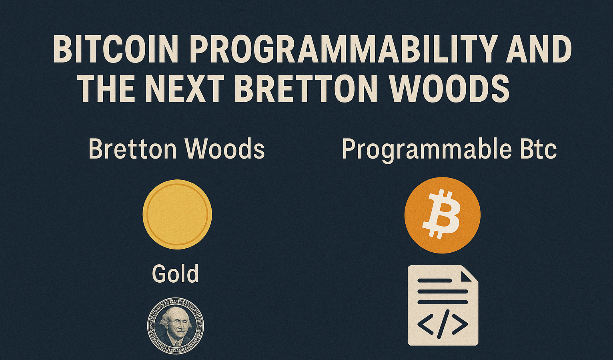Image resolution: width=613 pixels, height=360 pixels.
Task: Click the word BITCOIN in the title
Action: (x=115, y=50)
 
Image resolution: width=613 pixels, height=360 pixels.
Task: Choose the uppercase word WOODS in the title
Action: (x=449, y=89)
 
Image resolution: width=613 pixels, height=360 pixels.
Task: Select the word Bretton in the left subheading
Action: (x=132, y=149)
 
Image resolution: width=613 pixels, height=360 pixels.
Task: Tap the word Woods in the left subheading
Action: (x=224, y=149)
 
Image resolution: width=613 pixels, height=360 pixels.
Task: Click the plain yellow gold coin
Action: (x=177, y=214)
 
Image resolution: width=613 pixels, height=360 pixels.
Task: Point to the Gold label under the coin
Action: (x=175, y=274)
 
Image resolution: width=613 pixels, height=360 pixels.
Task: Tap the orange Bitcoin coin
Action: (x=442, y=215)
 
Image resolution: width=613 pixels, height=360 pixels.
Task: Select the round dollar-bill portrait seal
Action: (x=176, y=326)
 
